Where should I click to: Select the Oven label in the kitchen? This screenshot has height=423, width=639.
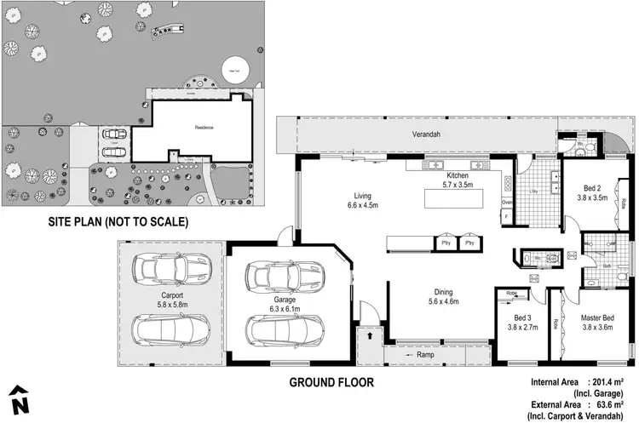point(507,203)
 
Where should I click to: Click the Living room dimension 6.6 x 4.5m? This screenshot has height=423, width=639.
point(362,205)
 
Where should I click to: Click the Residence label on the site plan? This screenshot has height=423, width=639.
point(204,128)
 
